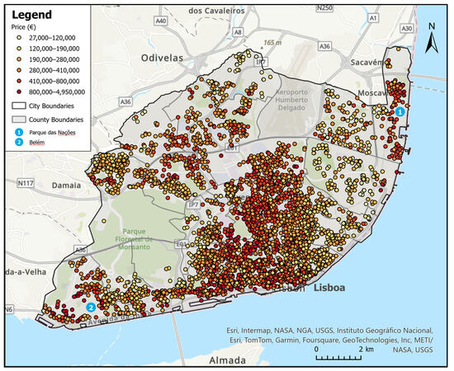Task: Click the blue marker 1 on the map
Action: [x=400, y=111]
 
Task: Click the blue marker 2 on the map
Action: [x=90, y=308]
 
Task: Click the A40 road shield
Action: [x=160, y=20]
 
